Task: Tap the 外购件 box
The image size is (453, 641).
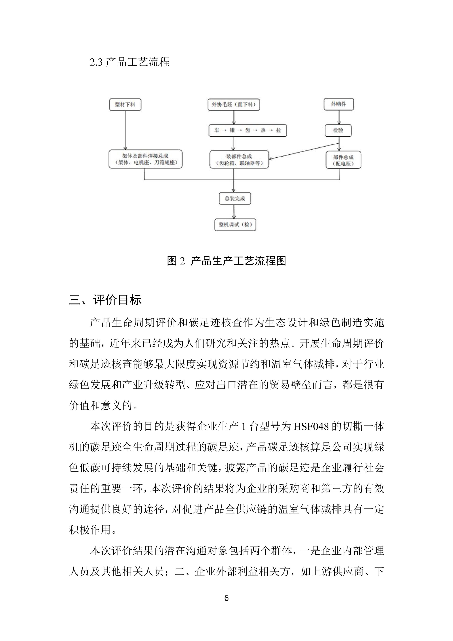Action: (x=339, y=104)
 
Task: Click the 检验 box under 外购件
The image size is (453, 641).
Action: (x=338, y=130)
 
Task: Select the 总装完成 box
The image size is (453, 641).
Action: (x=235, y=198)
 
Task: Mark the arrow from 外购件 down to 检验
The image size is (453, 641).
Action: (x=339, y=117)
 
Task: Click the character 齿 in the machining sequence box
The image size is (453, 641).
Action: (x=248, y=130)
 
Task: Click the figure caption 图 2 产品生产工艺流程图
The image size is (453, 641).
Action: (x=226, y=261)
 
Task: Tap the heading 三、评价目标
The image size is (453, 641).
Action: (x=105, y=300)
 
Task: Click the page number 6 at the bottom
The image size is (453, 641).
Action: (x=226, y=598)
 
